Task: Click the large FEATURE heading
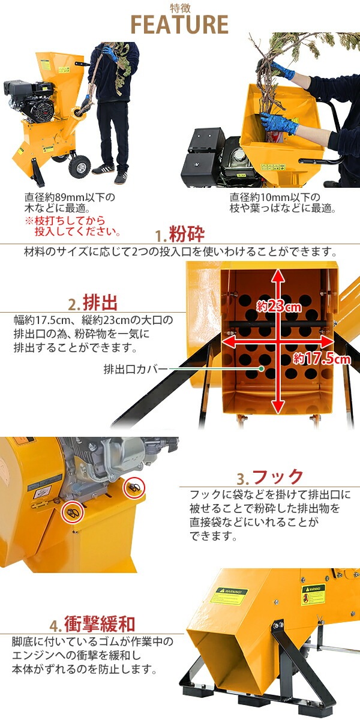[179, 25]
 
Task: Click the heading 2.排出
[92, 301]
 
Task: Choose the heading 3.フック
[270, 478]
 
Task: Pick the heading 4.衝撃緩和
[92, 625]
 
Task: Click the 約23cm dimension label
[278, 307]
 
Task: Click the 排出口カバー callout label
[136, 368]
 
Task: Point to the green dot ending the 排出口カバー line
[262, 368]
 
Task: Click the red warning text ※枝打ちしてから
[72, 221]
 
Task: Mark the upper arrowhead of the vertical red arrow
[278, 275]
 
